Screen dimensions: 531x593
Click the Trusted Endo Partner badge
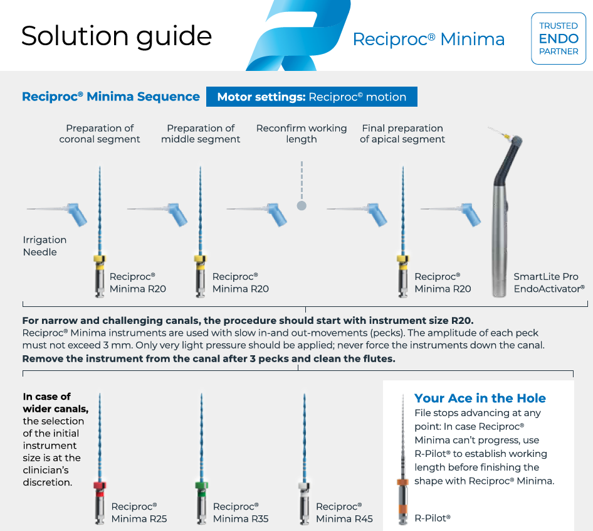click(558, 38)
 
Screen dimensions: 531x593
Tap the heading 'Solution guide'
click(117, 36)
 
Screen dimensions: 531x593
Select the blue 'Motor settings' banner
click(312, 97)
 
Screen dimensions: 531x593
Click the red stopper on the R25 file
click(99, 485)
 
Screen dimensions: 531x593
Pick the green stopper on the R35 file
click(201, 485)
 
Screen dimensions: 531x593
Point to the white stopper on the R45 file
click(303, 485)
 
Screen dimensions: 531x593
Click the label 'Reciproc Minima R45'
click(344, 513)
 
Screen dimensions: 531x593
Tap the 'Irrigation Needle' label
click(45, 246)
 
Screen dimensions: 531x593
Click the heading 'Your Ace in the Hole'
click(480, 398)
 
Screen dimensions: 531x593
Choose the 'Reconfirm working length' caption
click(301, 134)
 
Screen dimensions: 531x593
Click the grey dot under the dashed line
click(302, 205)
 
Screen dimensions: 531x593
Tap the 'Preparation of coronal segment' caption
click(100, 134)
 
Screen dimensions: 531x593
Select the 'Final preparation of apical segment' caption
click(402, 134)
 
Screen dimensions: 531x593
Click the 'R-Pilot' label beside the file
click(433, 518)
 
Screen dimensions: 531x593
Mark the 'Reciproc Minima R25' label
click(139, 513)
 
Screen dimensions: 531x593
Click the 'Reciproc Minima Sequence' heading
click(111, 97)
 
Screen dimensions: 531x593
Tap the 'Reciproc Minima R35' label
click(241, 513)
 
